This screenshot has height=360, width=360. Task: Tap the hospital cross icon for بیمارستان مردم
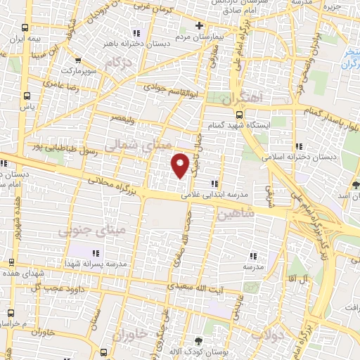(200, 26)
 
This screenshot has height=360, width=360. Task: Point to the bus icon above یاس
(26, 96)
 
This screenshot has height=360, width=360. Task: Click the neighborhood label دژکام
(118, 64)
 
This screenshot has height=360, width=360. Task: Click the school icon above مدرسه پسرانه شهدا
(96, 253)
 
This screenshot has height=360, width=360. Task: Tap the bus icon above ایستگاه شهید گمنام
(239, 115)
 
